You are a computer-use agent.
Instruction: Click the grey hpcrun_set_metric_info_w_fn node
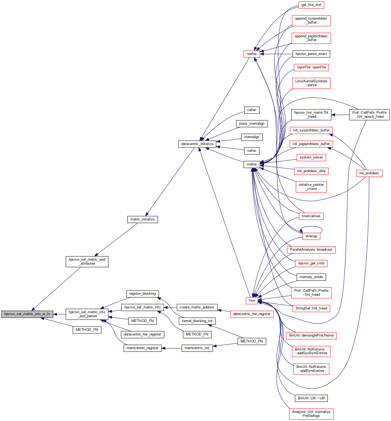(27, 314)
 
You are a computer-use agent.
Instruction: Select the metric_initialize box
(142, 219)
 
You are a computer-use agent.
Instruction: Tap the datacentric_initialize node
(197, 144)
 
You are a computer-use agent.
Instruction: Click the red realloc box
(252, 54)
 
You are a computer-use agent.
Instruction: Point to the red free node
(252, 301)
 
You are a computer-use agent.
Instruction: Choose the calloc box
(252, 110)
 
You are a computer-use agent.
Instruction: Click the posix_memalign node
(252, 124)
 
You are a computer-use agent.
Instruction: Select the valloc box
(252, 151)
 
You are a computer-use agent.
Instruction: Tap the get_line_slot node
(311, 5)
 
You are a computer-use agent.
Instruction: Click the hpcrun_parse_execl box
(311, 54)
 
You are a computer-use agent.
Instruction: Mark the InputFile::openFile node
(311, 67)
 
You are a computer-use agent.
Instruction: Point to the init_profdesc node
(369, 173)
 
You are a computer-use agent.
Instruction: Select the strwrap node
(311, 236)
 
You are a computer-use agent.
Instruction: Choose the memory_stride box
(311, 277)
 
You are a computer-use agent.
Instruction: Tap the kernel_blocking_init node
(197, 321)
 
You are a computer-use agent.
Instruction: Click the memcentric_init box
(197, 348)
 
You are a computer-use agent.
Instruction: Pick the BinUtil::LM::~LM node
(311, 398)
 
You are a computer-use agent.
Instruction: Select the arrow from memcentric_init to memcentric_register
(172, 348)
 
